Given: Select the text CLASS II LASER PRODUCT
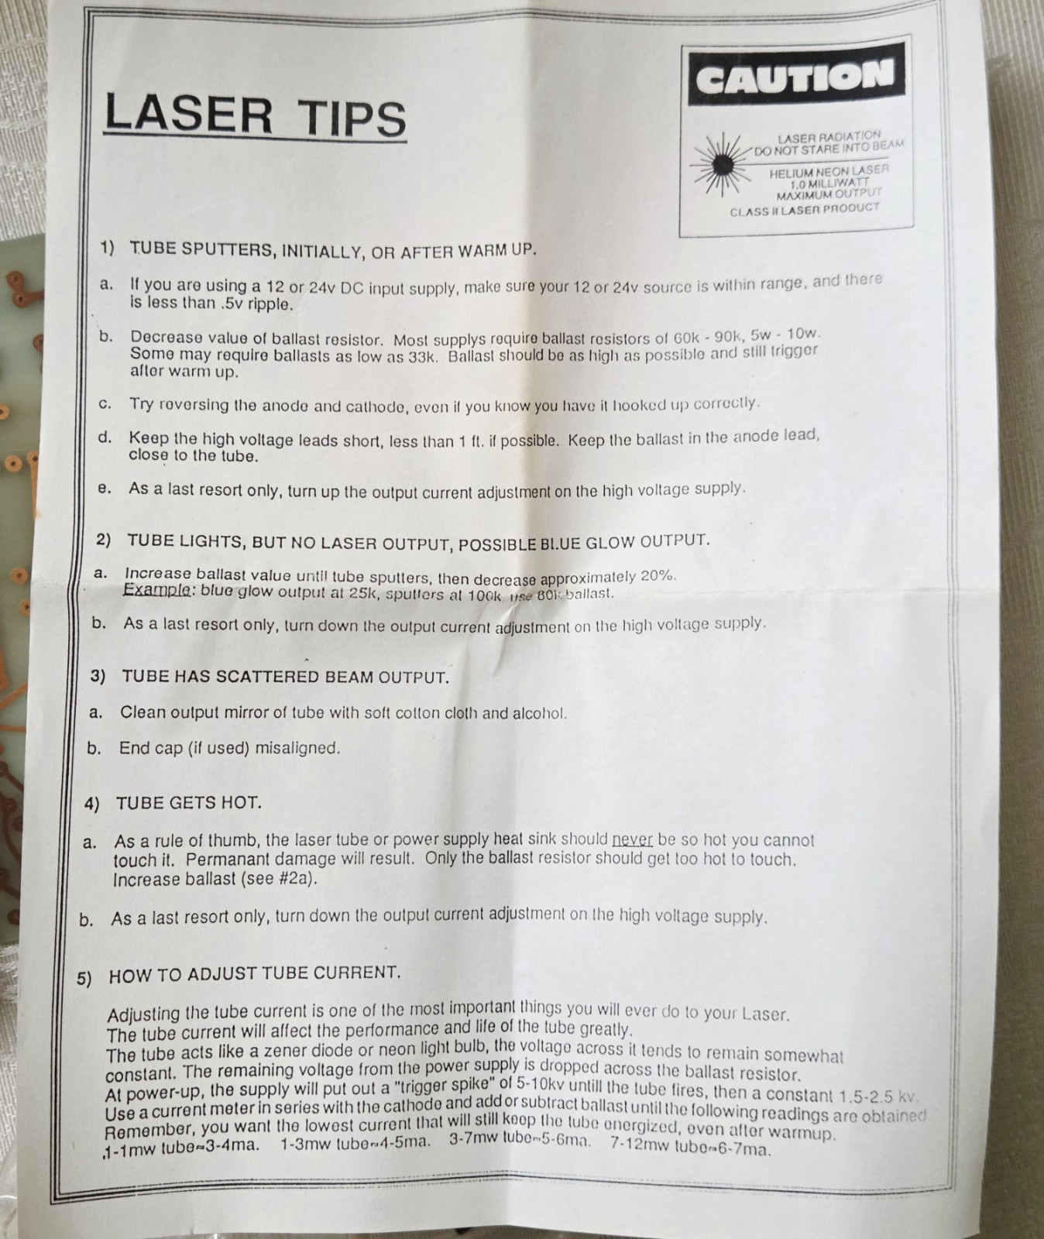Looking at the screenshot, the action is (805, 209).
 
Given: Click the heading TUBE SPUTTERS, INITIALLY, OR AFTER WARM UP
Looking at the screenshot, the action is (332, 250).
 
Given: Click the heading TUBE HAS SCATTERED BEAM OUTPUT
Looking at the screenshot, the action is (286, 677).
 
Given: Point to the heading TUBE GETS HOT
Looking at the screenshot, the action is (189, 803).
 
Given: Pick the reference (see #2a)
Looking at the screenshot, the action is (280, 880).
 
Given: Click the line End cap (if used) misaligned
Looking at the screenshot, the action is (229, 749).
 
